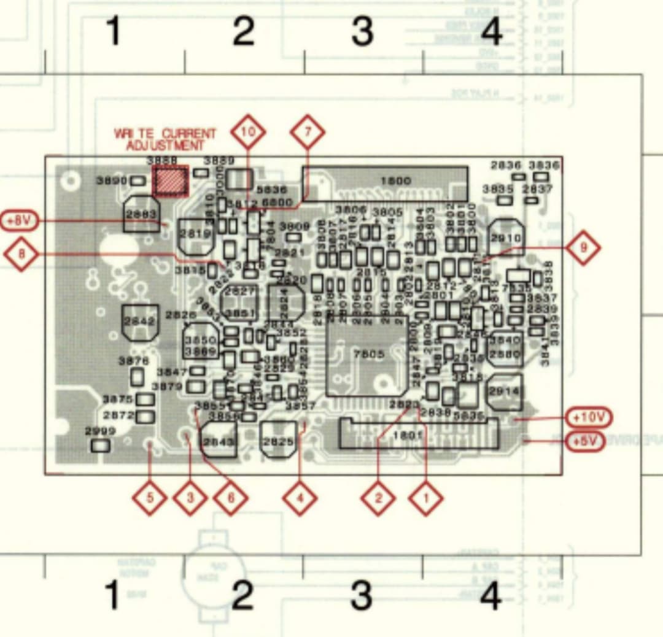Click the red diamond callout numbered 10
[x=248, y=131]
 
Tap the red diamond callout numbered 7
[x=307, y=131]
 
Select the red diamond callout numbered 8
[x=21, y=253]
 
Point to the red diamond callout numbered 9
[x=582, y=248]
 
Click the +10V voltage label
[x=589, y=418]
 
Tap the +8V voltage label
[x=19, y=220]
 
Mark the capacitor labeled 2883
[x=142, y=214]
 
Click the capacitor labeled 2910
[x=506, y=237]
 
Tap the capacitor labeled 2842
[x=141, y=322]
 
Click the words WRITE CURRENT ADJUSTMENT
[x=165, y=139]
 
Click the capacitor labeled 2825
[x=278, y=440]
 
